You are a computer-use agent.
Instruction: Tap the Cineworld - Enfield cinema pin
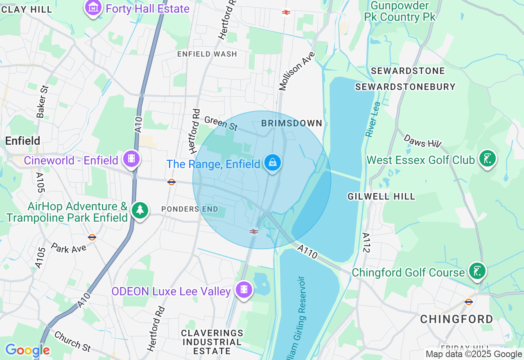[131, 158]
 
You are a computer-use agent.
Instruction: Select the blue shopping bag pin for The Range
[273, 162]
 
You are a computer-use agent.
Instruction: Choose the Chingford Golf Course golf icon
[477, 271]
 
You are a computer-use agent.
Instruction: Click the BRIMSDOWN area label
[292, 123]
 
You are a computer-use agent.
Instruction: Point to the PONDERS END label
[186, 209]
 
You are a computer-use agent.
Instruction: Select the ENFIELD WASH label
[207, 54]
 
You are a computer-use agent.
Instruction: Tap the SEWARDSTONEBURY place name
[405, 87]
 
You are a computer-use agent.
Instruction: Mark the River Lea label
[373, 119]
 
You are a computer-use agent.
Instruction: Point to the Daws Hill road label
[422, 141]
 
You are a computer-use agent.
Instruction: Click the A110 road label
[307, 252]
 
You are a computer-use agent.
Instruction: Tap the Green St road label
[221, 124]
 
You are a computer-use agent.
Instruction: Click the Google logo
[27, 350]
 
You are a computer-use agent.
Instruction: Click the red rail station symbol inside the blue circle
[254, 232]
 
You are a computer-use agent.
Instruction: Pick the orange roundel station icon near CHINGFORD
[469, 302]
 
